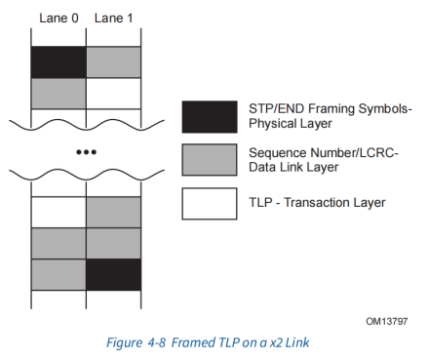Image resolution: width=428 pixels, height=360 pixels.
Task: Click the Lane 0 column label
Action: [x=58, y=19]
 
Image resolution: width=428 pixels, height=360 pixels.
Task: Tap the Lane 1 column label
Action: [x=113, y=19]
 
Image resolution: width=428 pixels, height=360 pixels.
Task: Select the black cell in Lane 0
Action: [x=58, y=61]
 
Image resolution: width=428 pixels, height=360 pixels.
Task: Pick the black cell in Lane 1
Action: [x=114, y=274]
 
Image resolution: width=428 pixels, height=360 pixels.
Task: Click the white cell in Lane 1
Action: [x=114, y=93]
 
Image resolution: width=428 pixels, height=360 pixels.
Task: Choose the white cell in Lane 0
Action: [x=58, y=212]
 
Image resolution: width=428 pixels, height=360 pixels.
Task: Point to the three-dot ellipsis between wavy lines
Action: [x=88, y=151]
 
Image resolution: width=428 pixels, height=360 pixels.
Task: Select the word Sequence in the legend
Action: [x=278, y=152]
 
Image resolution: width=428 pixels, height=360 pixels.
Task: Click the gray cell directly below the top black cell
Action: [x=58, y=93]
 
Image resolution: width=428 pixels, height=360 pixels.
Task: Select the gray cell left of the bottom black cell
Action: [x=58, y=274]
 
